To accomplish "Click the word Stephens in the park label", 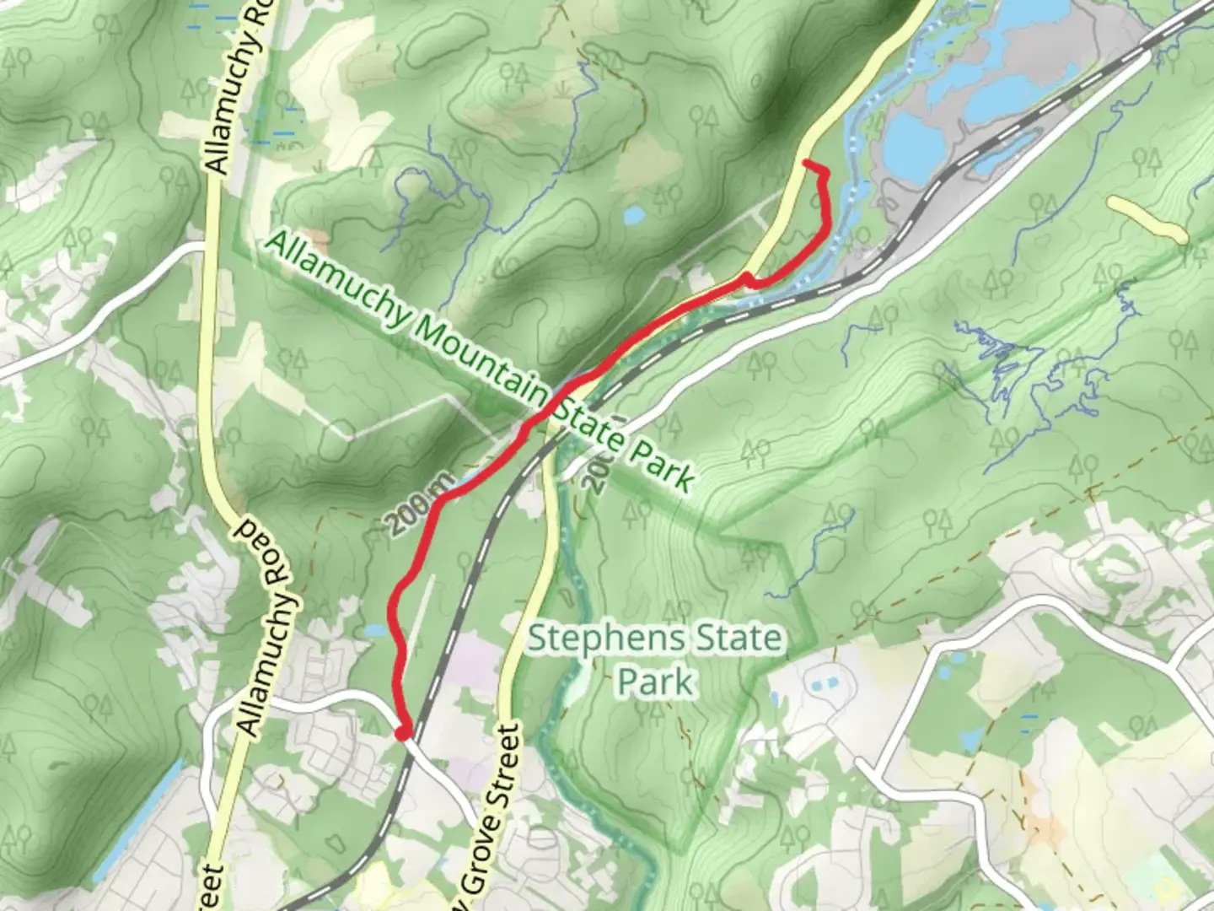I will [x=598, y=639].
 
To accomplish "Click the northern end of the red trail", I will [x=806, y=162].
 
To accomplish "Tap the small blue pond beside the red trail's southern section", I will [x=374, y=630].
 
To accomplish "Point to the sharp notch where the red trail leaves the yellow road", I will [x=747, y=278].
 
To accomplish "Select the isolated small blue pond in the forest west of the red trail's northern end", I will [x=633, y=217].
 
